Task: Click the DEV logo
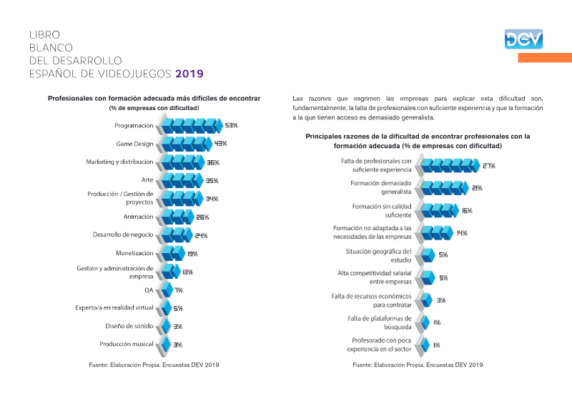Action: coord(523,39)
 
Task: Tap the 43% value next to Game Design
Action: coord(220,144)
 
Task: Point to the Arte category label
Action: coord(147,180)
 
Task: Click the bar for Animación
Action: coord(177,217)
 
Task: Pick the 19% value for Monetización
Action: coord(192,254)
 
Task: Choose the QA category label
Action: coord(149,290)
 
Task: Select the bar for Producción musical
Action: coord(166,345)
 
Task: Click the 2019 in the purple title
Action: coord(189,74)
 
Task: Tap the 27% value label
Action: coord(489,166)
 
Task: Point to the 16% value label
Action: coord(467,211)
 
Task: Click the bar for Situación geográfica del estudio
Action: coord(428,255)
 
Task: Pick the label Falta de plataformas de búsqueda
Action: coord(380,322)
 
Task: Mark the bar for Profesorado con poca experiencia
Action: coord(425,345)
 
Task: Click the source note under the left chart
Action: coord(154,365)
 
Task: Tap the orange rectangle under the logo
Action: coord(545,58)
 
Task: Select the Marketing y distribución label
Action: coord(119,162)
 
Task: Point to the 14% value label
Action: coord(462,233)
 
